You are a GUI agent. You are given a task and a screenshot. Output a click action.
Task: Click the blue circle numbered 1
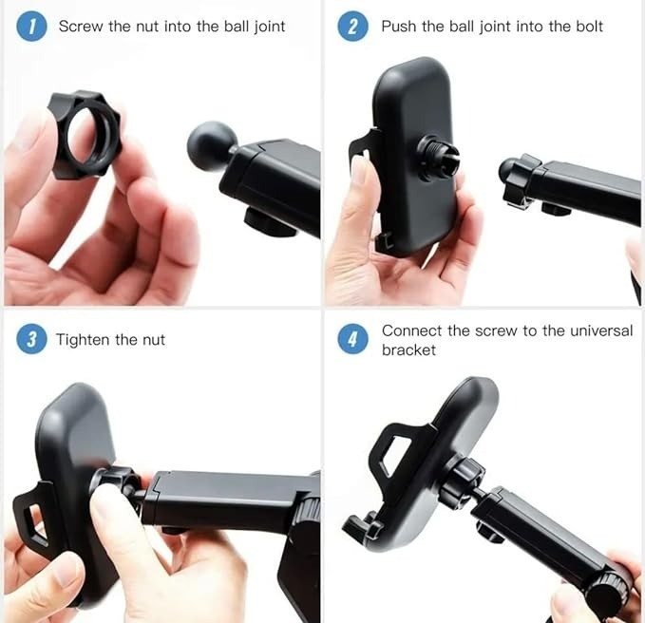pos(31,27)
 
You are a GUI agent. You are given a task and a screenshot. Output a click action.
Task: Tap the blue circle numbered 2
pos(352,27)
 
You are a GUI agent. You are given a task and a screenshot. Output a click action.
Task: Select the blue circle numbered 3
pos(31,339)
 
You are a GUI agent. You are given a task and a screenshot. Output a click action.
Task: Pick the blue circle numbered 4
pos(352,339)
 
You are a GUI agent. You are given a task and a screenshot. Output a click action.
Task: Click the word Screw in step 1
pos(81,27)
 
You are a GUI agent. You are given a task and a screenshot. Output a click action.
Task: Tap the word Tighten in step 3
pos(83,340)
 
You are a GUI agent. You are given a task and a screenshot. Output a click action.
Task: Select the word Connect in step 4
pos(411,330)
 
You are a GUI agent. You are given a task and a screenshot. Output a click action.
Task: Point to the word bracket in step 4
pos(408,349)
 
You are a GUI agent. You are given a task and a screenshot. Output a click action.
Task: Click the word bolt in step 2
pos(589,27)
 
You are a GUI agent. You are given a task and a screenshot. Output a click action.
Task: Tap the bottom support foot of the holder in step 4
pos(363,526)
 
